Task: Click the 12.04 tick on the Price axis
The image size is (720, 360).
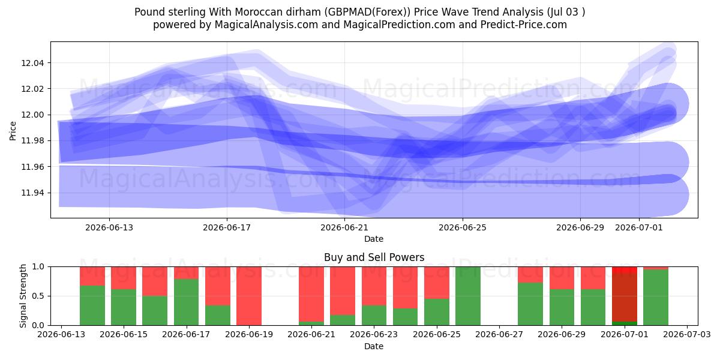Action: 32,63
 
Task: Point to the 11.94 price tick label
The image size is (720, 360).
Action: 32,193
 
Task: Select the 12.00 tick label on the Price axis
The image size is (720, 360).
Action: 32,115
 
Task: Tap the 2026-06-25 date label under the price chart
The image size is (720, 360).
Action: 463,227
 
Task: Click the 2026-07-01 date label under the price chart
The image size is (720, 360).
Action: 639,227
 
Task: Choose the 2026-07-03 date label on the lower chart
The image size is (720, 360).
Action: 687,334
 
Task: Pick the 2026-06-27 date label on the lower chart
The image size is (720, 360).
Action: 499,334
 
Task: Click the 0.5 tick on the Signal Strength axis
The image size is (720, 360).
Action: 38,296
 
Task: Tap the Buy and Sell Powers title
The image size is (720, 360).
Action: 374,257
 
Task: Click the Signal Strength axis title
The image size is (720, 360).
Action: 23,296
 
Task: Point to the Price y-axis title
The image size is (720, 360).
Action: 13,131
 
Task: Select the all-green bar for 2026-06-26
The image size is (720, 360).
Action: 468,296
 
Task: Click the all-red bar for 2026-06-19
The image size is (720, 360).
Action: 249,296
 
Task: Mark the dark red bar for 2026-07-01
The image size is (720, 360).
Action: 625,296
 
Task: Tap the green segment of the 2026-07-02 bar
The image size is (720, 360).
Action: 656,298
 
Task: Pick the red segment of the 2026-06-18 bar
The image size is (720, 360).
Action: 218,286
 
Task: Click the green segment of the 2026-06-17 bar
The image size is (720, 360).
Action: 187,302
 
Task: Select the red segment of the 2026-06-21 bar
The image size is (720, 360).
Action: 311,294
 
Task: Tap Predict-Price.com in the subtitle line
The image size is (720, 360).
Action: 524,25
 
